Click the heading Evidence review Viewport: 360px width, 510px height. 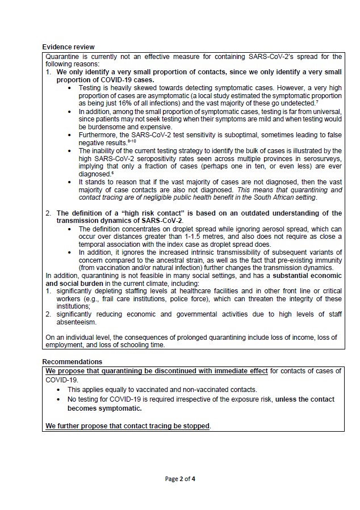click(x=68, y=47)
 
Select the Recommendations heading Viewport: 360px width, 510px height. click(x=72, y=361)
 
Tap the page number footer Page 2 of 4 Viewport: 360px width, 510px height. click(x=180, y=479)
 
